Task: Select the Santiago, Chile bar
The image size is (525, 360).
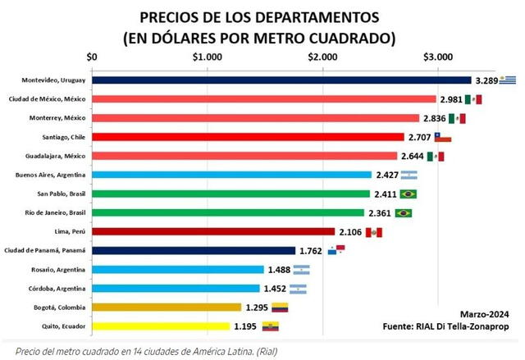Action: point(248,137)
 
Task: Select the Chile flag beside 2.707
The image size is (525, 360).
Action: point(442,137)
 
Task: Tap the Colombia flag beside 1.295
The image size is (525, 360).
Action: point(280,308)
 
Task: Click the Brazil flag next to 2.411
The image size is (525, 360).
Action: point(406,194)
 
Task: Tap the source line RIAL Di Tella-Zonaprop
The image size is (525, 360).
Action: point(450,326)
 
